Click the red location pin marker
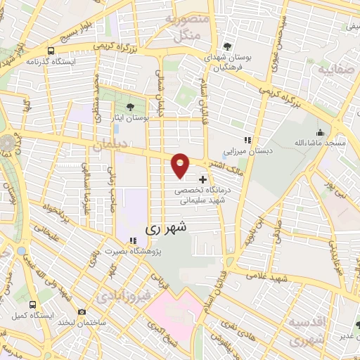[181, 165]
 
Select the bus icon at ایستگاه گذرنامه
[51, 51]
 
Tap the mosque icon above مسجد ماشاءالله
[321, 132]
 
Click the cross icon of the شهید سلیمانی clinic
[204, 179]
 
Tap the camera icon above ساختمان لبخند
[82, 311]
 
